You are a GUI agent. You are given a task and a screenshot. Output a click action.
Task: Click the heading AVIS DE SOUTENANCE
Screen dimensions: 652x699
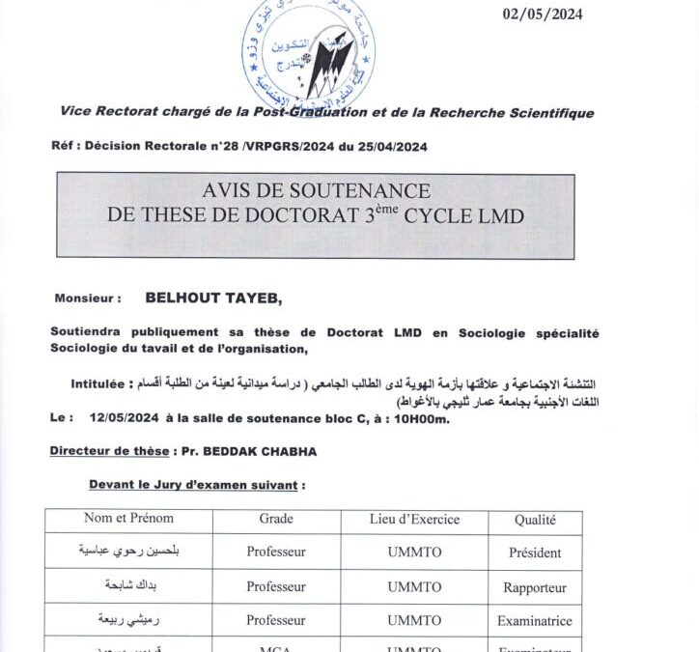pos(317,191)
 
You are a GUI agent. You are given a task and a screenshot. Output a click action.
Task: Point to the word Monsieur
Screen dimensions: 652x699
pos(88,300)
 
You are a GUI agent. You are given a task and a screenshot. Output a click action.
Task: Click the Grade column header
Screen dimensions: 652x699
pos(276,519)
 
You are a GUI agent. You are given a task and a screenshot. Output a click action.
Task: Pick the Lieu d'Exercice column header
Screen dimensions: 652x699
pos(414,519)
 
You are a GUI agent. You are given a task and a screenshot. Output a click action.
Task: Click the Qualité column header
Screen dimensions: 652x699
pos(534,520)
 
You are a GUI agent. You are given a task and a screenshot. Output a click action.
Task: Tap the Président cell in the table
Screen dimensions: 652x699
pos(534,553)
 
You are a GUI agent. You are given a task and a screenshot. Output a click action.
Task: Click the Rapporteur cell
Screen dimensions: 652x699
pos(534,587)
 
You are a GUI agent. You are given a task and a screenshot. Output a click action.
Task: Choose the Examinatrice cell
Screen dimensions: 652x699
pos(534,621)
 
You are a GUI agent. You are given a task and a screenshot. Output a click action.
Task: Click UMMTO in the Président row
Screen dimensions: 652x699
pos(414,553)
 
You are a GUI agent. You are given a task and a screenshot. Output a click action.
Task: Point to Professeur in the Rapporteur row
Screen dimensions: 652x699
pos(276,587)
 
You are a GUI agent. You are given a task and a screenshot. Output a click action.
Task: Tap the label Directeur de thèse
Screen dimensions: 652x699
pos(107,451)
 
